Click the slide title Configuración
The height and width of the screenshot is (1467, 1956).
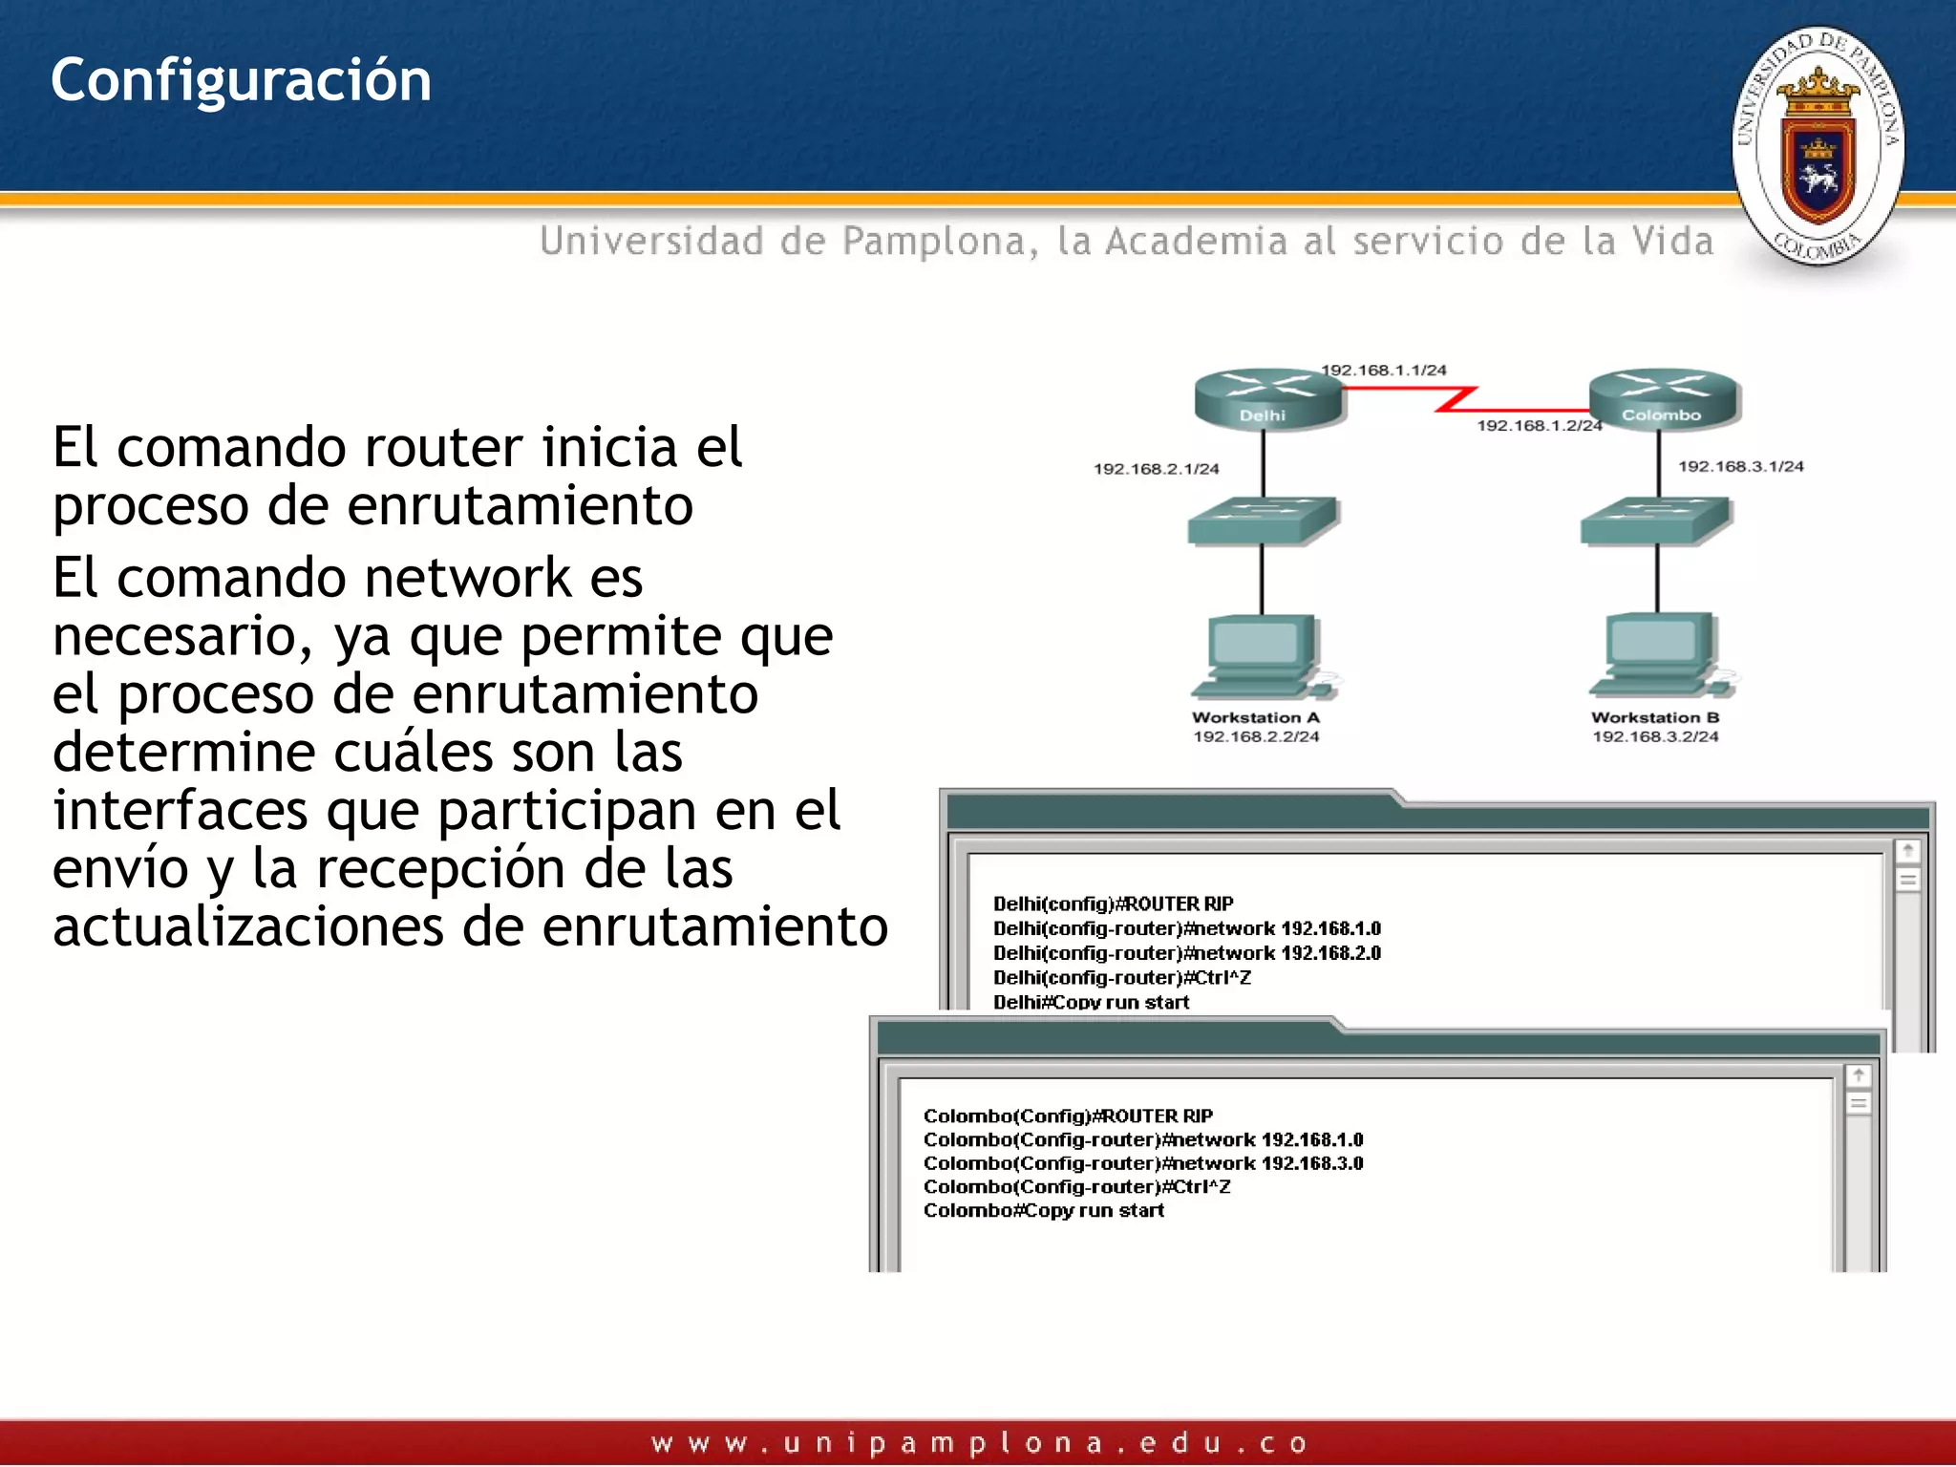241,80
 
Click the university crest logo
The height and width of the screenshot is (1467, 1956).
1818,146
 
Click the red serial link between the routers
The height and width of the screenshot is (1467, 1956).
1457,398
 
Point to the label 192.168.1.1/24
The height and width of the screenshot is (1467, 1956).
1383,370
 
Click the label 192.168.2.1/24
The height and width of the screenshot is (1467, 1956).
1156,469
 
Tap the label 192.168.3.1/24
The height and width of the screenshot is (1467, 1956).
1740,466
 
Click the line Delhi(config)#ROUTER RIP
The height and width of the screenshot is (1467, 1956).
1113,904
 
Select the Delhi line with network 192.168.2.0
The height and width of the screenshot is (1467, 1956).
1186,953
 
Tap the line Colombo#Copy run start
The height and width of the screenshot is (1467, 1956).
1043,1211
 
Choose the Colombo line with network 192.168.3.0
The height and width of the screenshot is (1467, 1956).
1142,1163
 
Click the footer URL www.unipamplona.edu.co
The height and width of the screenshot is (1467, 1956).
978,1442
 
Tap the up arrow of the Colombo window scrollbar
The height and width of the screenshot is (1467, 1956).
1858,1075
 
